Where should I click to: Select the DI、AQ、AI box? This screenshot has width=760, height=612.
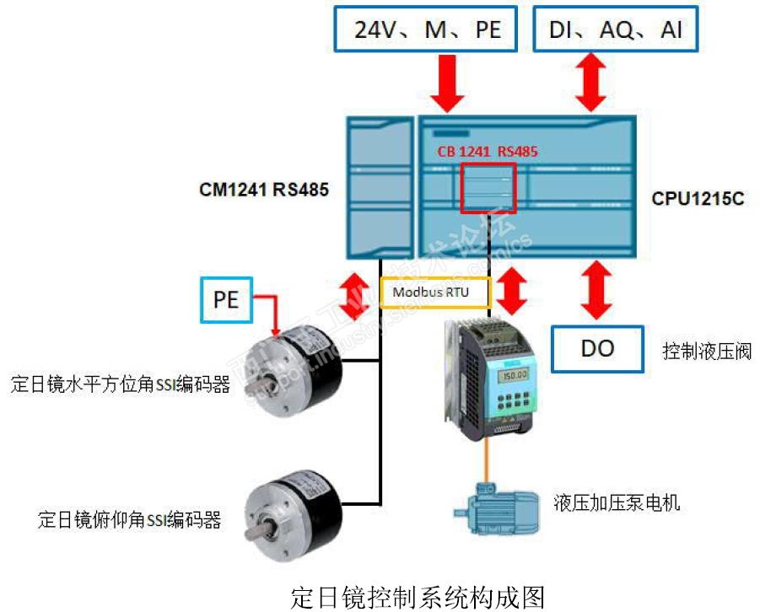click(x=616, y=31)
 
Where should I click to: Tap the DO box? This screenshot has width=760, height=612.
click(x=597, y=347)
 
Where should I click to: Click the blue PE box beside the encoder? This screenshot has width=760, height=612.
click(x=226, y=300)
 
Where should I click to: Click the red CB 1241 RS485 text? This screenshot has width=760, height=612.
click(x=487, y=153)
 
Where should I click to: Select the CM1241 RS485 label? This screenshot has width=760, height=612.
click(x=263, y=191)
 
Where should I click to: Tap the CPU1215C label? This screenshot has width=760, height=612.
click(x=697, y=201)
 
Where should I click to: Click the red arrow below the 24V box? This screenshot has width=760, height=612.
click(x=448, y=87)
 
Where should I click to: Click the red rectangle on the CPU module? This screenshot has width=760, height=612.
click(x=488, y=186)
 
